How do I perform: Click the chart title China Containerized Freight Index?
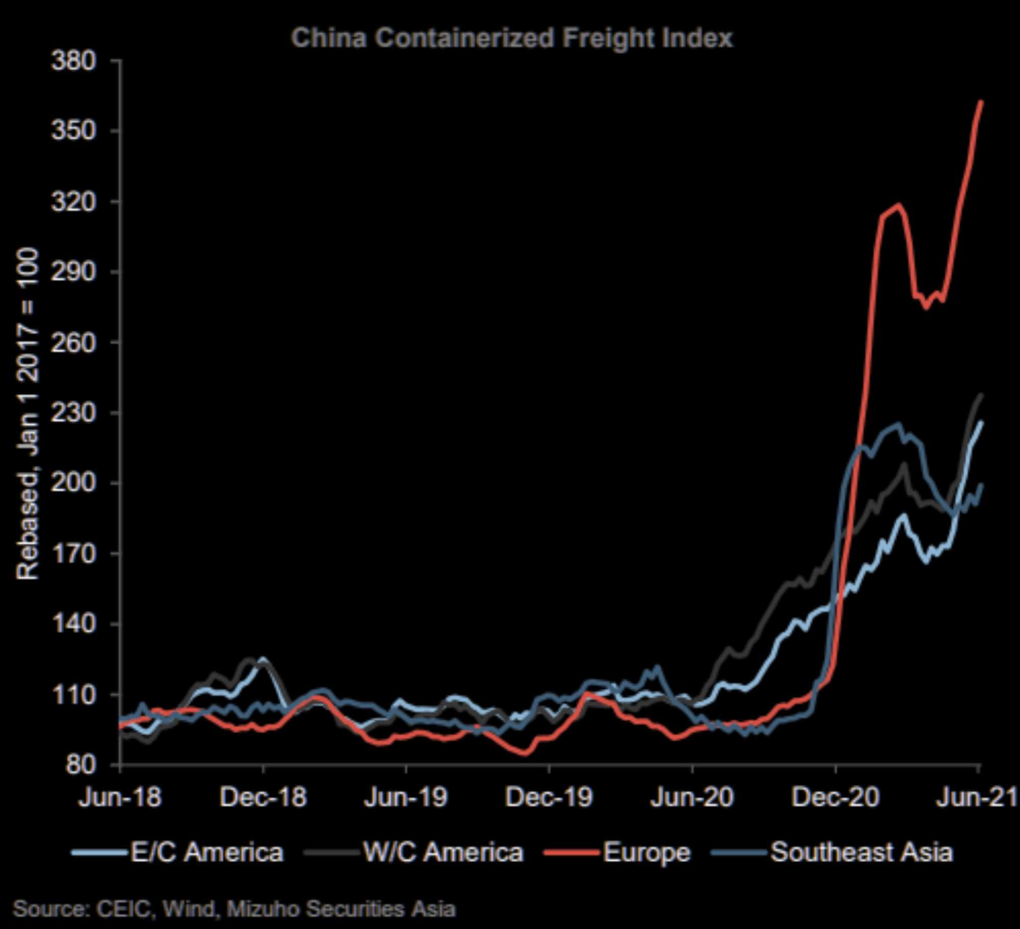tap(512, 38)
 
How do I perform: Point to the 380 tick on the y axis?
tap(73, 61)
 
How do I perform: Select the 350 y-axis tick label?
tap(73, 131)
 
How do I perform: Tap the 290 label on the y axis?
tap(73, 271)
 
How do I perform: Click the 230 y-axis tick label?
tap(73, 412)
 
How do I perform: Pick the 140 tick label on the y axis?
tap(73, 623)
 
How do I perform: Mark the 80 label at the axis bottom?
tap(81, 764)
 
